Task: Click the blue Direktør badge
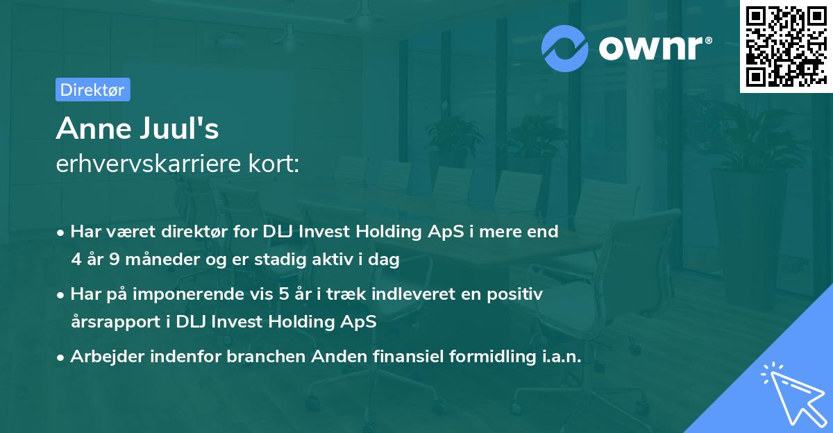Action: click(x=93, y=90)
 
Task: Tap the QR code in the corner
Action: click(x=786, y=46)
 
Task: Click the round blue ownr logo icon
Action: click(x=564, y=49)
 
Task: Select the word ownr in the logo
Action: click(x=651, y=49)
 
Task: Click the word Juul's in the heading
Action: click(x=180, y=128)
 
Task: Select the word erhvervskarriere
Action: click(x=149, y=164)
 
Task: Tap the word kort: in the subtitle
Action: click(x=274, y=164)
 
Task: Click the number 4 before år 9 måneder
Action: click(x=76, y=260)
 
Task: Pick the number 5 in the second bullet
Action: click(x=284, y=294)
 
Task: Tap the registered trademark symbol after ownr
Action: click(x=708, y=40)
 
